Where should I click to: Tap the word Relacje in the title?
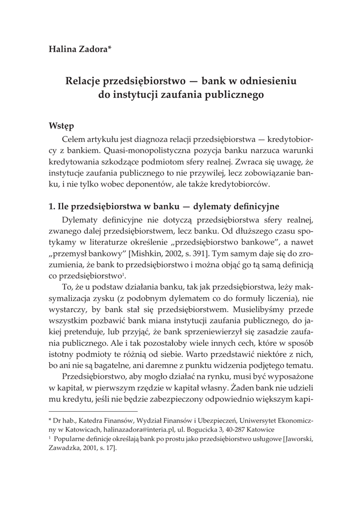point(85,80)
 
